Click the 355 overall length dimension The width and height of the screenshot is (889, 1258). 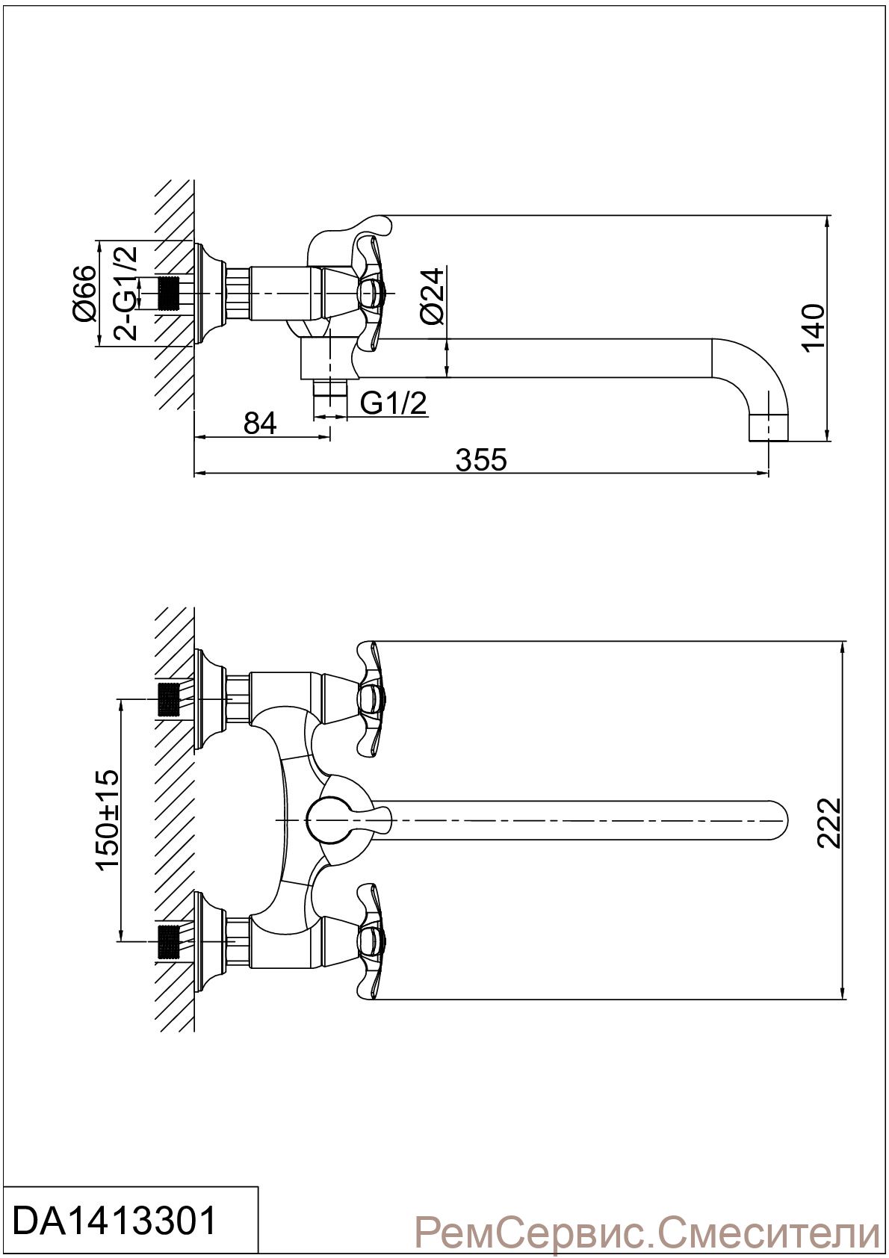pyautogui.click(x=481, y=459)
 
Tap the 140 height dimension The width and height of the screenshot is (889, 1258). pyautogui.click(x=814, y=328)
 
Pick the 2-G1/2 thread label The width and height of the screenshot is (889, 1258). pyautogui.click(x=126, y=292)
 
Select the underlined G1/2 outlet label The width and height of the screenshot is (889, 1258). pyautogui.click(x=393, y=403)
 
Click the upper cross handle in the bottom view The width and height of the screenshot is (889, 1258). pyautogui.click(x=370, y=699)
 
